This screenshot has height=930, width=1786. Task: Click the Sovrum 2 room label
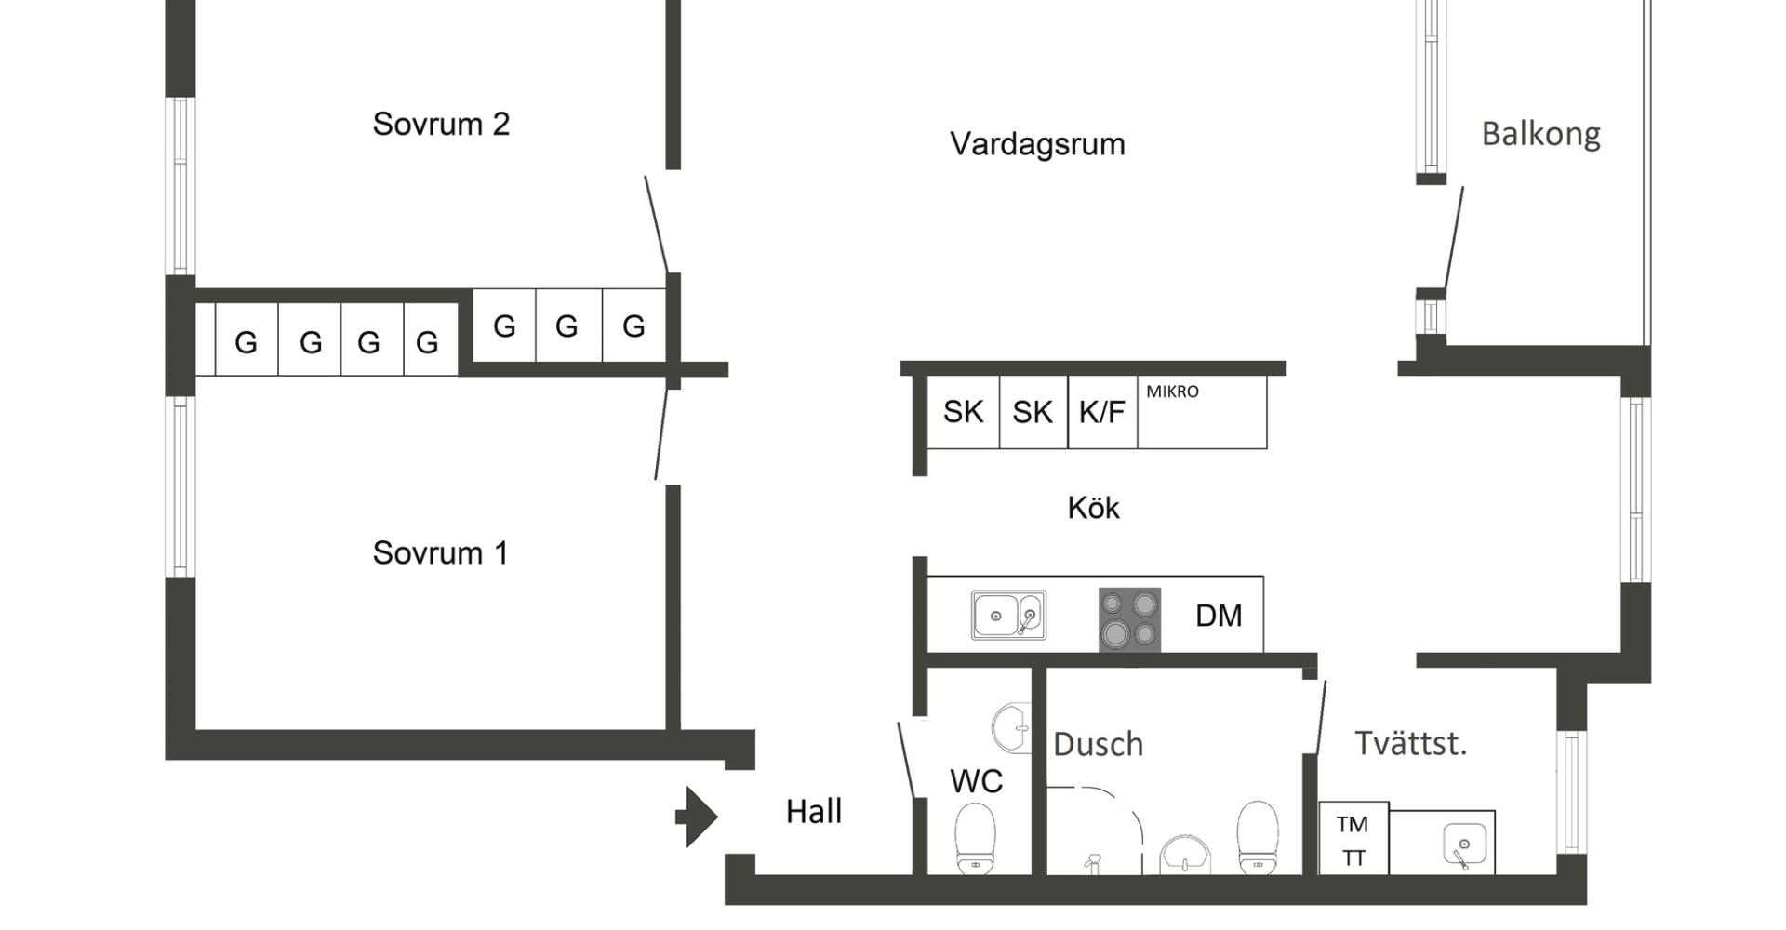[x=441, y=124]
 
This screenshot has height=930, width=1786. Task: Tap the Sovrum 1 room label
[x=440, y=553]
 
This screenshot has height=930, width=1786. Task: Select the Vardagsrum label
[x=1037, y=144]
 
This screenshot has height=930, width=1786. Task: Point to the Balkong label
[x=1540, y=134]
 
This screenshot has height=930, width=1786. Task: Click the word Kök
[x=1093, y=508]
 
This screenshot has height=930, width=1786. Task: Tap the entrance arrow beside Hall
[x=697, y=817]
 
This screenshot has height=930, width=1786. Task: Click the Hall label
[x=814, y=812]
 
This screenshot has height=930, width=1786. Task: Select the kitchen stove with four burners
[x=1129, y=619]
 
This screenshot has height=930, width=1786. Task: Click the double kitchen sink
[x=1008, y=616]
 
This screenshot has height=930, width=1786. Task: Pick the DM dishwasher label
[x=1219, y=616]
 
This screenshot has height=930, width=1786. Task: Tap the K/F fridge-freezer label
[x=1101, y=412]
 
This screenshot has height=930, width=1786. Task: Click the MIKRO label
[x=1172, y=392]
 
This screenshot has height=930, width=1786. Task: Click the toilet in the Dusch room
[x=1257, y=837]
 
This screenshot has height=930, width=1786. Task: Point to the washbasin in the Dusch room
[x=1185, y=854]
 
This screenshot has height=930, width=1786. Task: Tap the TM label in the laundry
[x=1353, y=824]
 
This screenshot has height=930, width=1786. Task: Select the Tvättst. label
[x=1410, y=744]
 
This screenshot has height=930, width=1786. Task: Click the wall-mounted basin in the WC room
[x=1013, y=727]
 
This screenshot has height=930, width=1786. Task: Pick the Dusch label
[x=1098, y=745]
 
